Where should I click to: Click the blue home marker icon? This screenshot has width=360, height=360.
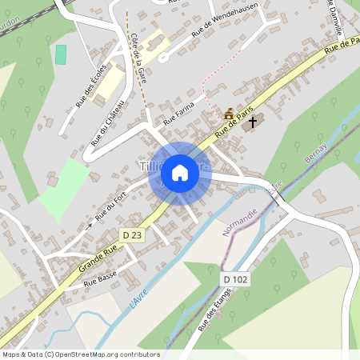[180, 173]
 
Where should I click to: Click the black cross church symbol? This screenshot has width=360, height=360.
[253, 122]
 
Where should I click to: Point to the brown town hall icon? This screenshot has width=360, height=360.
[230, 114]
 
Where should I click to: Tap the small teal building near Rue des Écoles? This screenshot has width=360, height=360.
[61, 54]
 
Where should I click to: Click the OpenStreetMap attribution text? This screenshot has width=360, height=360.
[81, 354]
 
